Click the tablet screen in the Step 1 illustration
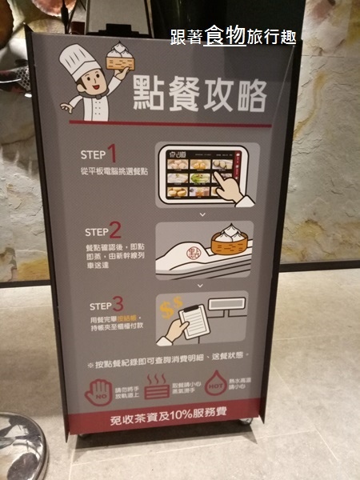[x=197, y=174]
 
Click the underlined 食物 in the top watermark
[x=224, y=36]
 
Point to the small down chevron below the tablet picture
[x=202, y=214]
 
